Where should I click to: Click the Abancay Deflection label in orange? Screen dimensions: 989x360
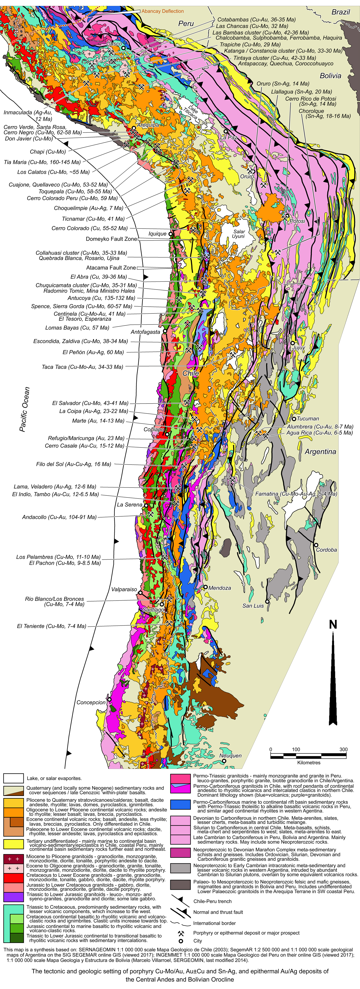(x=162, y=11)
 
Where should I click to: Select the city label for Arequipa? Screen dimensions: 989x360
(x=148, y=125)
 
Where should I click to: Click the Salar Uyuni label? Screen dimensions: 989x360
(x=239, y=234)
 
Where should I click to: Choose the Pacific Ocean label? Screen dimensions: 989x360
(x=25, y=409)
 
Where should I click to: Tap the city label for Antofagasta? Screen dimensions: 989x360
(x=145, y=332)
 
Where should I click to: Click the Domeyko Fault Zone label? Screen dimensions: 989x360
(x=111, y=239)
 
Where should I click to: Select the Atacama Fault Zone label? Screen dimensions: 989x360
(x=111, y=268)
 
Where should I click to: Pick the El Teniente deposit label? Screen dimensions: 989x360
(x=52, y=626)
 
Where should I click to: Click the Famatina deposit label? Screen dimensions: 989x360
(x=296, y=494)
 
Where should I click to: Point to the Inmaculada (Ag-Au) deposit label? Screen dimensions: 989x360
(x=28, y=116)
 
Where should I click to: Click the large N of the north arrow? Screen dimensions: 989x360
(x=333, y=625)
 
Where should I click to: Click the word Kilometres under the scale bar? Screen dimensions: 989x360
(x=308, y=762)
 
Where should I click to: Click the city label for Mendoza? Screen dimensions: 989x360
(x=220, y=588)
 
